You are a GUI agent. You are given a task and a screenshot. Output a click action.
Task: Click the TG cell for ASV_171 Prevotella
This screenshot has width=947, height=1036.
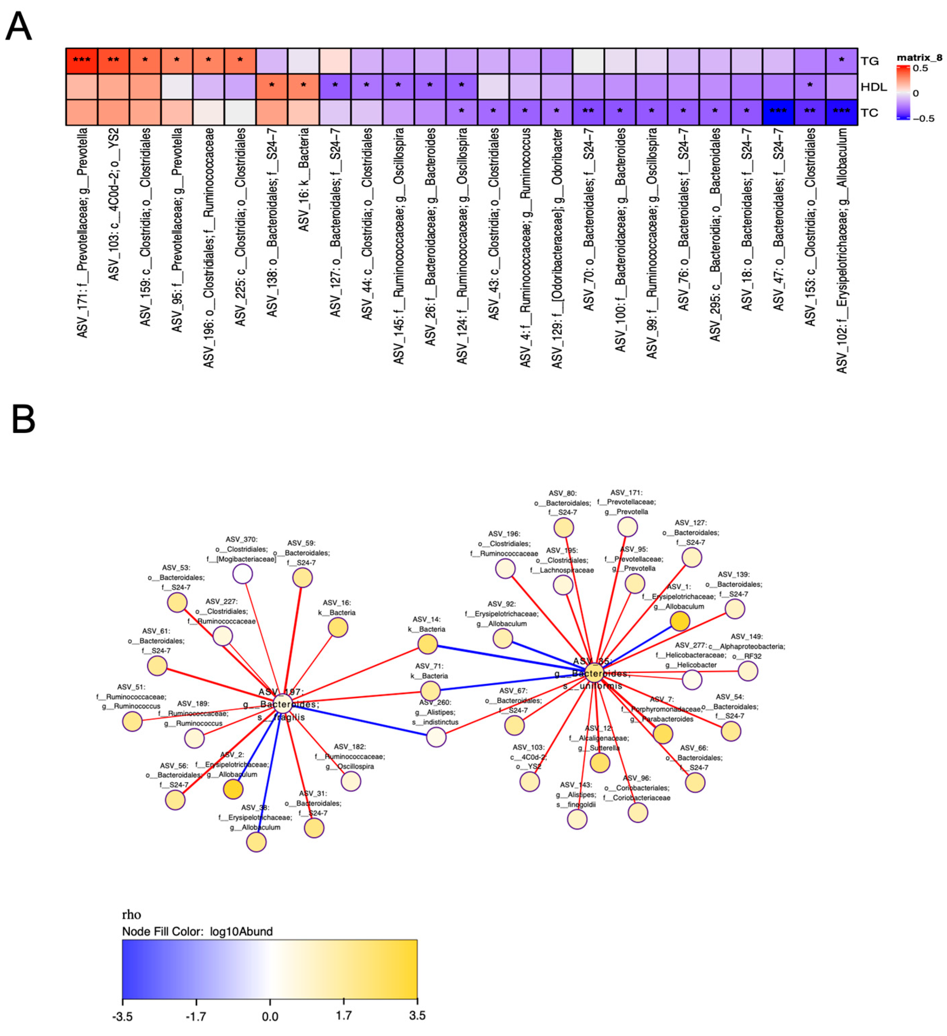(x=82, y=61)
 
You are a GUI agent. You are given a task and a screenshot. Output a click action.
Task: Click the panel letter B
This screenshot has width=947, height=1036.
(x=23, y=419)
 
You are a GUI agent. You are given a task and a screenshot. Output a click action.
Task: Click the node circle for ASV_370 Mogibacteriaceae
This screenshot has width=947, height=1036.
(x=243, y=574)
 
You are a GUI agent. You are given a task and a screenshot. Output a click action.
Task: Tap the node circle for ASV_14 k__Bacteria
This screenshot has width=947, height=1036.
(x=427, y=644)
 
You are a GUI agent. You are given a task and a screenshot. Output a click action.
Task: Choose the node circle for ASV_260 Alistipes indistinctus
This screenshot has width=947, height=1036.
(x=436, y=737)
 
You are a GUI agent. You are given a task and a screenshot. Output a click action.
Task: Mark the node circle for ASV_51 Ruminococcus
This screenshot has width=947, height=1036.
(x=133, y=721)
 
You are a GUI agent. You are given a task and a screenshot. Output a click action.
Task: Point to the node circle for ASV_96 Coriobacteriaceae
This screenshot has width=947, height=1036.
(x=638, y=813)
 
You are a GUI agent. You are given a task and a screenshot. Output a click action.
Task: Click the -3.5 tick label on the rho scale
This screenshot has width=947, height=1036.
(x=122, y=1016)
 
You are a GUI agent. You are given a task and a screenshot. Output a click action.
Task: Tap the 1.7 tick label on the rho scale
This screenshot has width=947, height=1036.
(x=344, y=1015)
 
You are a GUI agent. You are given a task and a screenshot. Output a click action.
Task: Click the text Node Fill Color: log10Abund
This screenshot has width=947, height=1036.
(x=197, y=931)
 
